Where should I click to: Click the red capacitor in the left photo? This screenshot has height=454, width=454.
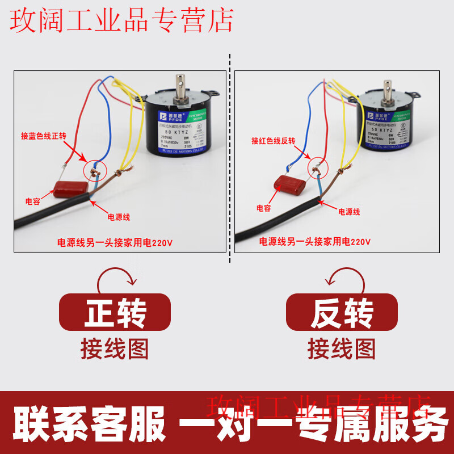(70, 188)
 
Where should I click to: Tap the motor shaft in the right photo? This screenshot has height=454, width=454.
(389, 85)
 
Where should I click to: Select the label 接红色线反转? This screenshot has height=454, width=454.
(274, 141)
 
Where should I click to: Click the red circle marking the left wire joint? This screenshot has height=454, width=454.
(94, 168)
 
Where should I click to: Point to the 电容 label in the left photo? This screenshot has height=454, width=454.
(32, 201)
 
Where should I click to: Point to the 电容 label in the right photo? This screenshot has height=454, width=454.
(263, 209)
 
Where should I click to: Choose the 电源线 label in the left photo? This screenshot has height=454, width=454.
(119, 217)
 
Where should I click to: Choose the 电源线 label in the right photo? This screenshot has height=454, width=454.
(349, 212)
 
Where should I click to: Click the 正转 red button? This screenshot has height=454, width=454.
(115, 313)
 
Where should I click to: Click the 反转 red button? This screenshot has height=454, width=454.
(342, 313)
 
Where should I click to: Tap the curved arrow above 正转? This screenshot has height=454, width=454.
(116, 278)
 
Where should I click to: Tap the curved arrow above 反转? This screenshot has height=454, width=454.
(341, 278)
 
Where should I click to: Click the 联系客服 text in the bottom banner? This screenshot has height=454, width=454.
(88, 423)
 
